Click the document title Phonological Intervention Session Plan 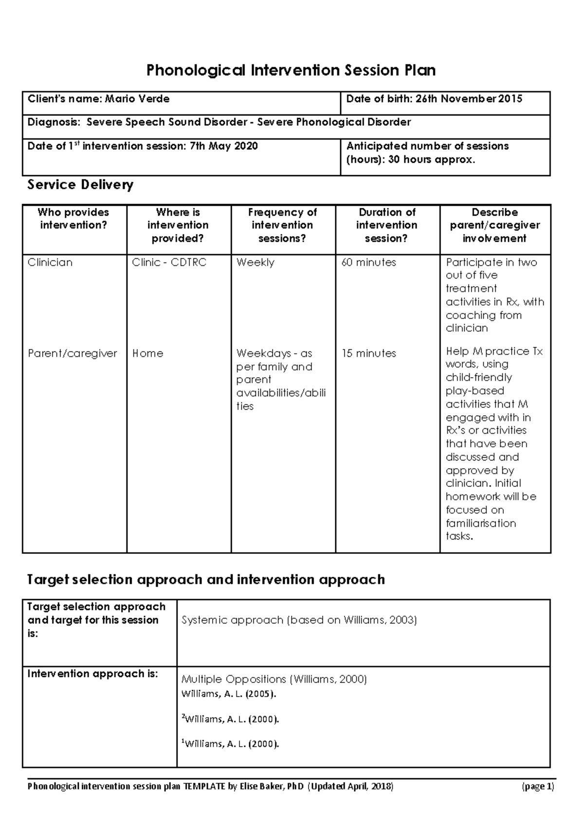pyautogui.click(x=291, y=71)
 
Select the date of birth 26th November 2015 pyautogui.click(x=469, y=99)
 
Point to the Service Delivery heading pyautogui.click(x=80, y=185)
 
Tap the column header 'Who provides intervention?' pyautogui.click(x=73, y=219)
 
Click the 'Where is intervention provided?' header pyautogui.click(x=178, y=225)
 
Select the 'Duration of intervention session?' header pyautogui.click(x=387, y=225)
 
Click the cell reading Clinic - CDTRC pyautogui.click(x=169, y=262)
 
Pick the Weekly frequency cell pyautogui.click(x=255, y=262)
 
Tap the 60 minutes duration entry pyautogui.click(x=368, y=262)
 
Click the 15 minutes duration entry pyautogui.click(x=368, y=353)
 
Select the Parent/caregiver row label pyautogui.click(x=73, y=353)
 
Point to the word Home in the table pyautogui.click(x=147, y=353)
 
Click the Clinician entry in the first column pyautogui.click(x=50, y=262)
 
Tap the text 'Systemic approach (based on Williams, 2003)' pyautogui.click(x=299, y=620)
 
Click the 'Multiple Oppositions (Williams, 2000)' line pyautogui.click(x=274, y=679)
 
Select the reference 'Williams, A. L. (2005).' pyautogui.click(x=228, y=694)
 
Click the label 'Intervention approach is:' pyautogui.click(x=92, y=674)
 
